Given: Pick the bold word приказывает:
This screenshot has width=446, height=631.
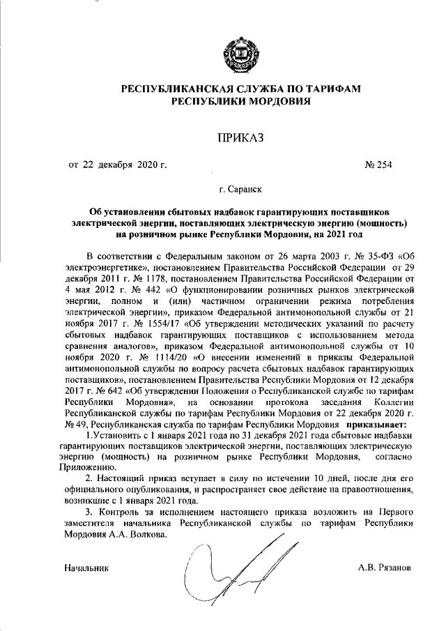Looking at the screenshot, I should coord(376,425).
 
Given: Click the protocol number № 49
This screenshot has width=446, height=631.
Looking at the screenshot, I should coord(75,425).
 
